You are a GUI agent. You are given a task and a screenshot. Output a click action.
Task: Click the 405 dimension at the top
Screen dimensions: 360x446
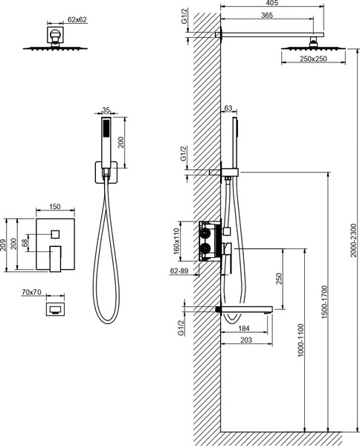point(273,3)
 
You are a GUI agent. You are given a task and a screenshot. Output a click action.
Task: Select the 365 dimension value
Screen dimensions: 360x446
point(267,16)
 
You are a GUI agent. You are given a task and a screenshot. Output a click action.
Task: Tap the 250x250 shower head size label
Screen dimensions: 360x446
point(313,59)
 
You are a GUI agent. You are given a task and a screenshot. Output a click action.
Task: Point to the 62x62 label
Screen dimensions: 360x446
point(77,19)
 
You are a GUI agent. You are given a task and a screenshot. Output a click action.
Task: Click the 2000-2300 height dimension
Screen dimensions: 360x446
point(353,240)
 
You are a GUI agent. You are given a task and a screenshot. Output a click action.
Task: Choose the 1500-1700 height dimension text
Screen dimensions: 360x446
point(325,302)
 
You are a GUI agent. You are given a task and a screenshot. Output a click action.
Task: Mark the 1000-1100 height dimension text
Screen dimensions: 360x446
point(300,340)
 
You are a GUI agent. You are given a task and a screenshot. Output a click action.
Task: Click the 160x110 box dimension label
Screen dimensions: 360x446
point(176,241)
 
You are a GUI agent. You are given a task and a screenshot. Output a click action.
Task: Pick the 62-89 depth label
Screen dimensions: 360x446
point(179,271)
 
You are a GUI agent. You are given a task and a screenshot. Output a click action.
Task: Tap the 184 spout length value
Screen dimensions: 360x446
point(244,329)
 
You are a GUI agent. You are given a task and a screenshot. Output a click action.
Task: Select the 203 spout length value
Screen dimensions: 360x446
point(246,340)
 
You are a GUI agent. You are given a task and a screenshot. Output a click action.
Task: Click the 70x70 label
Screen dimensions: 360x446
point(31,292)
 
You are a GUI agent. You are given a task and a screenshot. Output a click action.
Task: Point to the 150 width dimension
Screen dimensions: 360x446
point(54,207)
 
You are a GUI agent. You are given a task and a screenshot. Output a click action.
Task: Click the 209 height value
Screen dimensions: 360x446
point(3,245)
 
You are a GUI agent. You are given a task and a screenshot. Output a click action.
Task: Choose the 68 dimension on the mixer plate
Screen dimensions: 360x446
point(25,243)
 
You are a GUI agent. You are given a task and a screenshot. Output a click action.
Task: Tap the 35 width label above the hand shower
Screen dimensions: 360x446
point(106,110)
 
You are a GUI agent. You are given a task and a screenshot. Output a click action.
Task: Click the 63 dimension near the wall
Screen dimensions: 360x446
point(228,109)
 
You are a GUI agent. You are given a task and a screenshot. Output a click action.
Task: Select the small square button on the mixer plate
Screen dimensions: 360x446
point(55,234)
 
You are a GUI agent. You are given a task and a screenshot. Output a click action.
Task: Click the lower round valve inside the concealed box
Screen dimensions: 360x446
point(205,249)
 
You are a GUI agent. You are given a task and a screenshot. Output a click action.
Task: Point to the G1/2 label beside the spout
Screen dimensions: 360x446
point(181,328)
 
